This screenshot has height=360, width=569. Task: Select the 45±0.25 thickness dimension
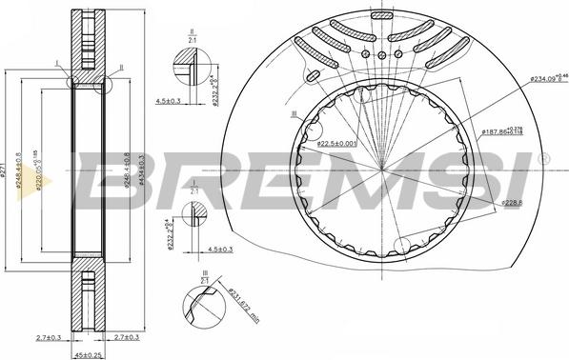(x=89, y=353)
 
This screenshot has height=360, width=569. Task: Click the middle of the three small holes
(x=380, y=54)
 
